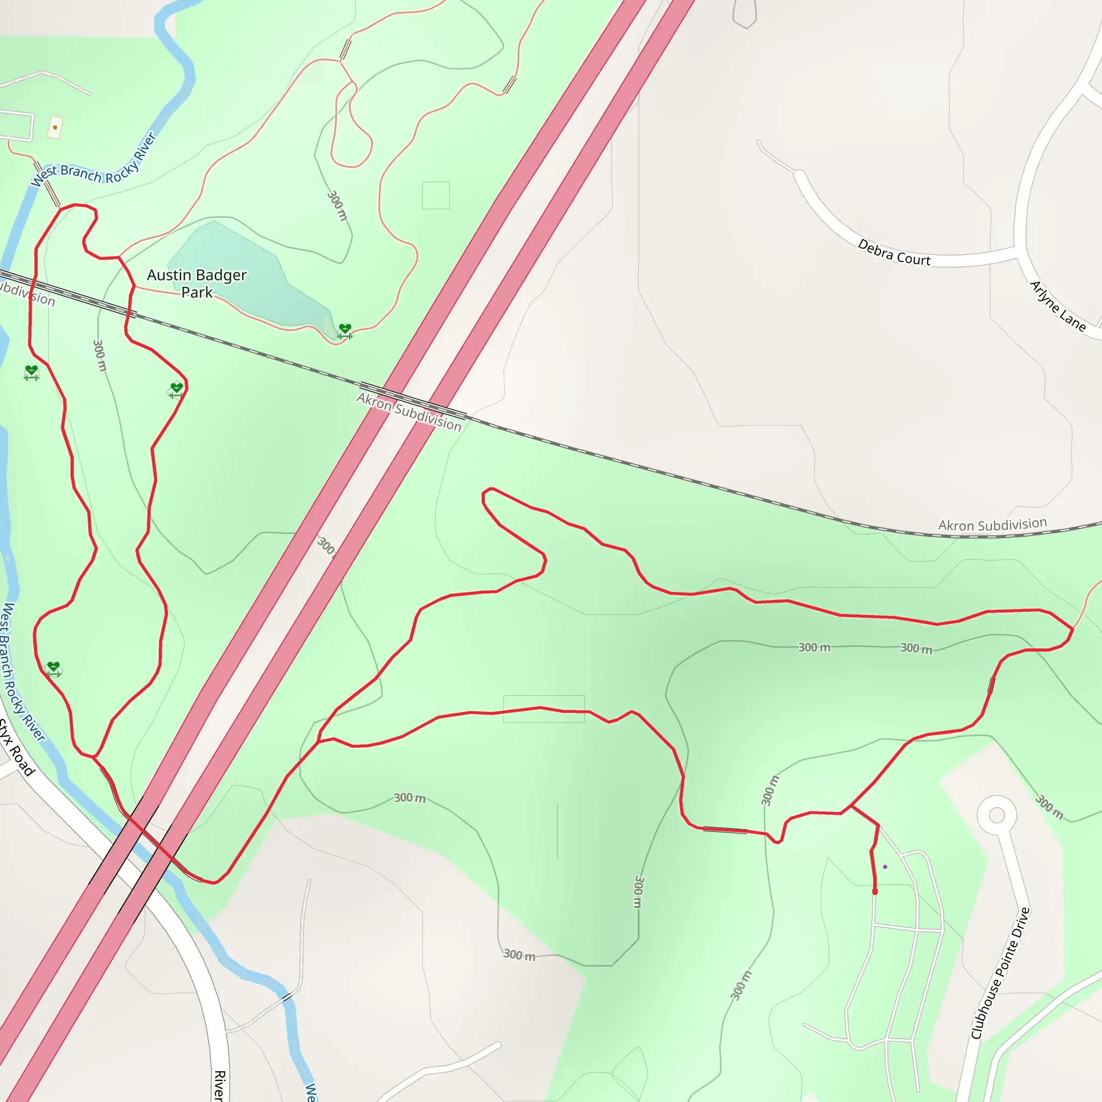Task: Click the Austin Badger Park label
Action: pyautogui.click(x=197, y=284)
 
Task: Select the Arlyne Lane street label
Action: pyautogui.click(x=1057, y=306)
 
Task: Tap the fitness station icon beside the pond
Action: pyautogui.click(x=344, y=331)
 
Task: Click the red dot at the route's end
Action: pyautogui.click(x=875, y=892)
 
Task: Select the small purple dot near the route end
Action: pyautogui.click(x=885, y=867)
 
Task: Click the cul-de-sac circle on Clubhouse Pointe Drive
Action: pyautogui.click(x=997, y=815)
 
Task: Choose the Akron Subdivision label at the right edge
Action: pyautogui.click(x=992, y=525)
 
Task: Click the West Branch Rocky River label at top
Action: pyautogui.click(x=94, y=163)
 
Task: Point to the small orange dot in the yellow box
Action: pyautogui.click(x=55, y=127)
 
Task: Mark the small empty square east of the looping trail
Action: pyautogui.click(x=436, y=196)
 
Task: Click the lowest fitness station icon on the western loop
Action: pyautogui.click(x=53, y=668)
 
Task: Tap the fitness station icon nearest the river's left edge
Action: pyautogui.click(x=31, y=372)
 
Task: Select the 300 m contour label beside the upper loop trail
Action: pyautogui.click(x=337, y=206)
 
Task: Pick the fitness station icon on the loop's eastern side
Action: pyautogui.click(x=176, y=390)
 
